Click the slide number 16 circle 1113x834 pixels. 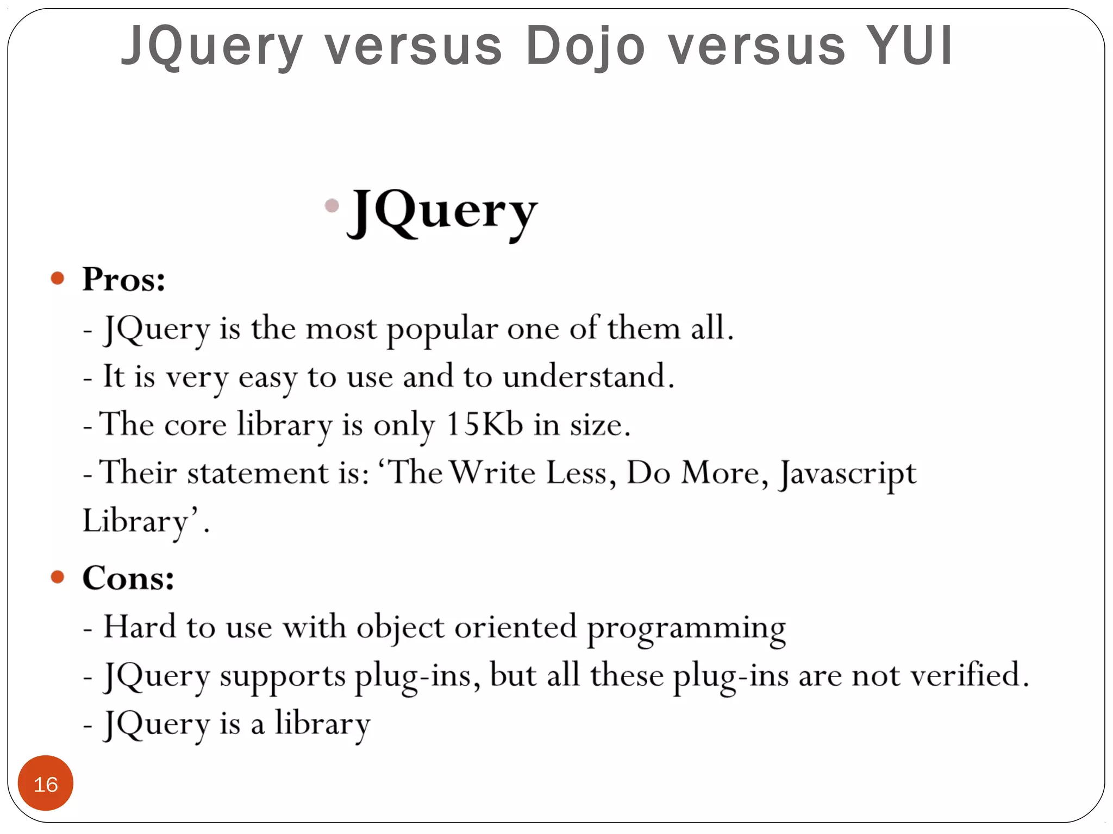pos(46,784)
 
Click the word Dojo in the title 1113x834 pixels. pos(585,46)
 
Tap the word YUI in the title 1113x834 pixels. pos(909,46)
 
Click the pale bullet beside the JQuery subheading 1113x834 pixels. pos(332,205)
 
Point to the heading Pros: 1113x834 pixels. pos(124,280)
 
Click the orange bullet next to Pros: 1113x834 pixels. pos(58,279)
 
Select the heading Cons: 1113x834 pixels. pos(128,578)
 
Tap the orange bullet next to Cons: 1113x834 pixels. pos(58,577)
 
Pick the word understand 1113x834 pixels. pos(588,376)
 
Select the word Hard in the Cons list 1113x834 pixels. pos(140,627)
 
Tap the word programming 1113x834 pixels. pos(686,629)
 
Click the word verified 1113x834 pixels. pos(969,675)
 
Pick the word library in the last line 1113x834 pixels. pos(322,724)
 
